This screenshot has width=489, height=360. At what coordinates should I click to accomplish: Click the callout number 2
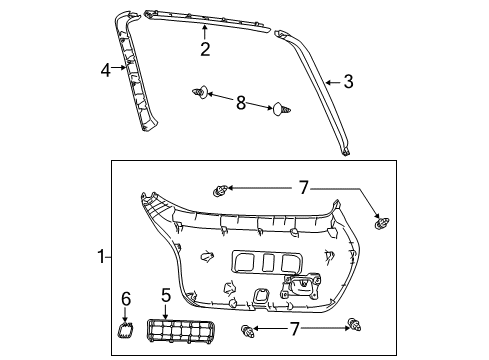tap(204, 49)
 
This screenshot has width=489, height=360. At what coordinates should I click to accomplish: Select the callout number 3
tap(347, 82)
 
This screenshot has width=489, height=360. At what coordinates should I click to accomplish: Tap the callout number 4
tap(105, 69)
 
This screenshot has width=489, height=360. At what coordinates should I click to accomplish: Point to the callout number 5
tap(167, 295)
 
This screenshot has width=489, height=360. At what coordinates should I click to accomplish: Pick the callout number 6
tap(126, 298)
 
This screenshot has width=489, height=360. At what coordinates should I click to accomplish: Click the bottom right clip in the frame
tap(355, 322)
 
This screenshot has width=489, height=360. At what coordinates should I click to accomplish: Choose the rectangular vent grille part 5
tap(183, 329)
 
